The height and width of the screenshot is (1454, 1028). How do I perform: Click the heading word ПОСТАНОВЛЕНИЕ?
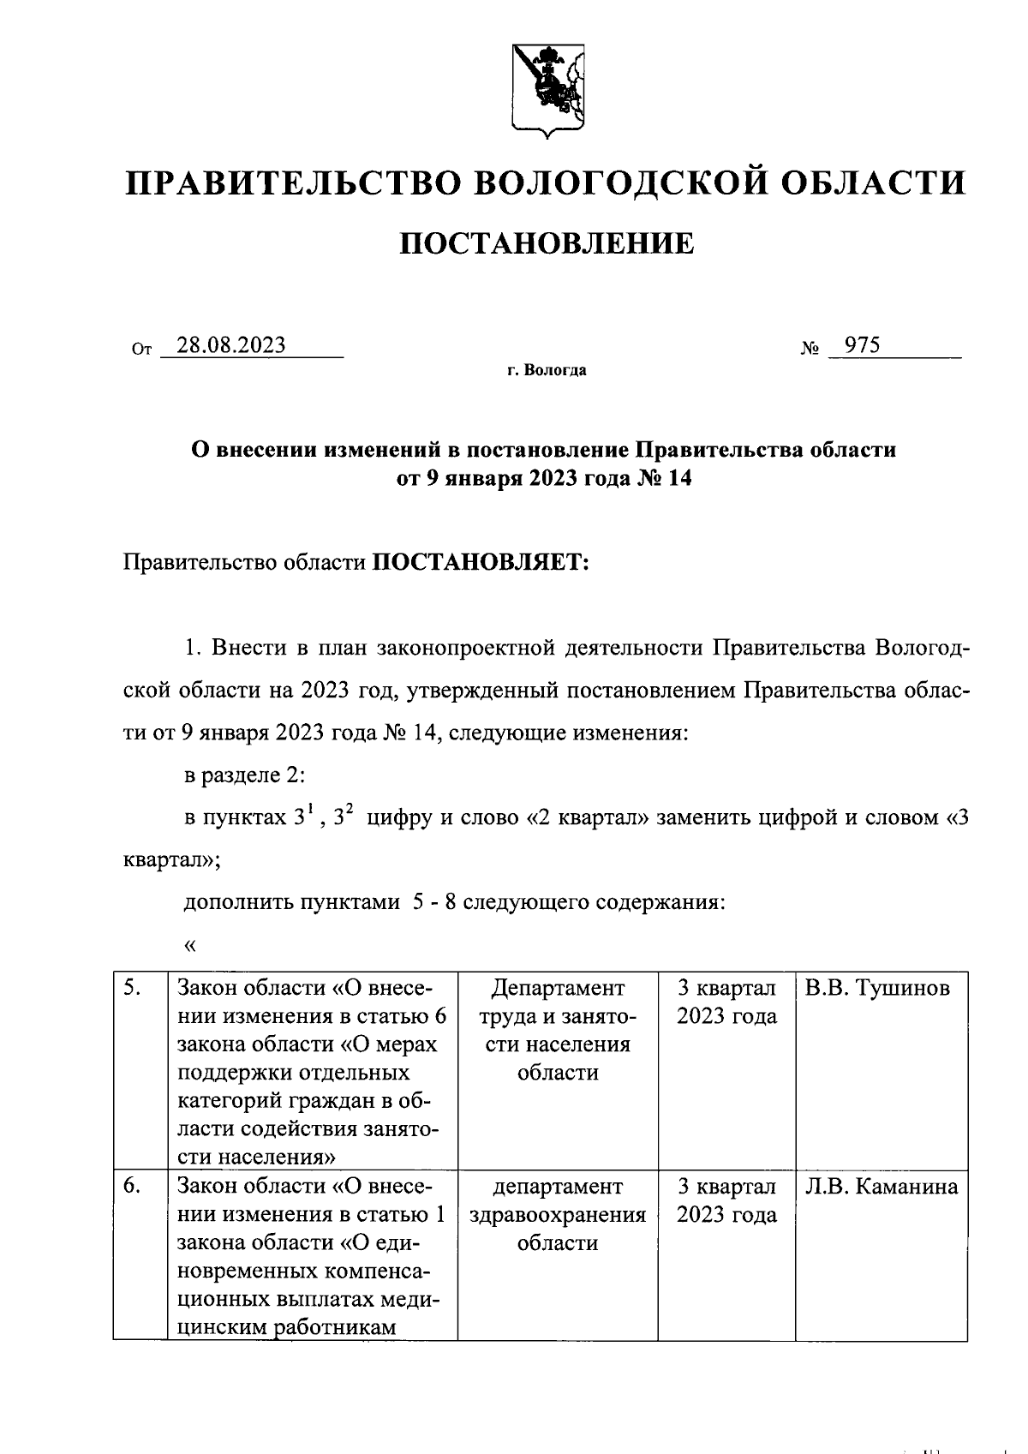[x=547, y=244]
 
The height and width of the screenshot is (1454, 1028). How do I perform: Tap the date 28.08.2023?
[x=230, y=345]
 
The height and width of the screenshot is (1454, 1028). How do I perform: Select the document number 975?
[x=862, y=345]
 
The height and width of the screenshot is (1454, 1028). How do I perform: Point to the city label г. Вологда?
[x=547, y=371]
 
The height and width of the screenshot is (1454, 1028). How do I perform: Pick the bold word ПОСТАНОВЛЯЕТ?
[x=478, y=563]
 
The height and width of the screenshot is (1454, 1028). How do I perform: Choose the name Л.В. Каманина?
[x=881, y=1188]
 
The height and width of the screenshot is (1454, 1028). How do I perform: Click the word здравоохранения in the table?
[x=558, y=1216]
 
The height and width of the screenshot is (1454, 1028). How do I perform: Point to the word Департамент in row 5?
[x=558, y=989]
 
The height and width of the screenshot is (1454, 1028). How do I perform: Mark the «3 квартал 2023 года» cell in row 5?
[x=726, y=1002]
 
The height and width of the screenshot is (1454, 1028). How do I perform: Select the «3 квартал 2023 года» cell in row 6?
[x=726, y=1201]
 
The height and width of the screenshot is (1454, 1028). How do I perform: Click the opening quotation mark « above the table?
[x=190, y=946]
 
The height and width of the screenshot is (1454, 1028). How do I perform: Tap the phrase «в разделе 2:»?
[x=245, y=775]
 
